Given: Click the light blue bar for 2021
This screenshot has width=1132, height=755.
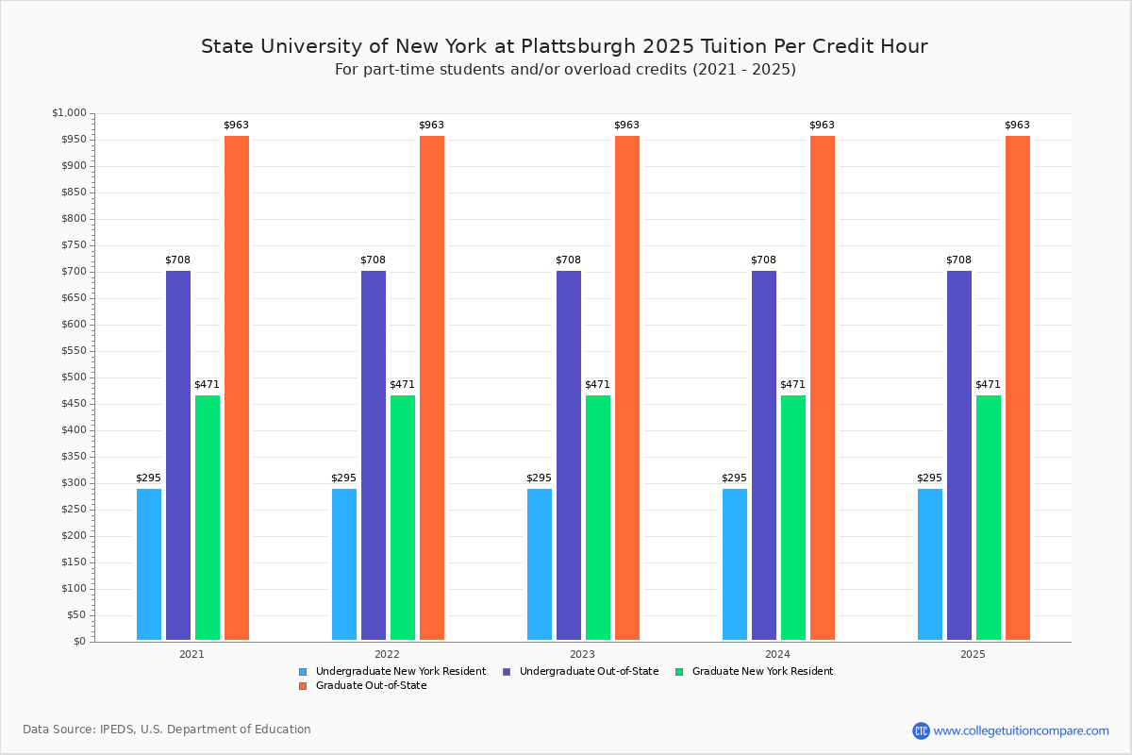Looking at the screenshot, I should pyautogui.click(x=149, y=564).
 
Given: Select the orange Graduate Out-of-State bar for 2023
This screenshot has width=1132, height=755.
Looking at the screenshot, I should pyautogui.click(x=627, y=388).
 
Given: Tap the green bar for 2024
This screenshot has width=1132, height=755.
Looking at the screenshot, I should pyautogui.click(x=793, y=517).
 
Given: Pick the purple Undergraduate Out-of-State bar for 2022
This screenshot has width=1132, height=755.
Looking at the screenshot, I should pyautogui.click(x=374, y=455).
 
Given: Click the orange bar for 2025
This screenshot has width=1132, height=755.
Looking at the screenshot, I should pyautogui.click(x=1018, y=388).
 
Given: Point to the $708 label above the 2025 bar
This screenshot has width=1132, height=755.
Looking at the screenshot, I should pyautogui.click(x=958, y=260).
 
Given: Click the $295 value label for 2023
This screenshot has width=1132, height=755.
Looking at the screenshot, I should pyautogui.click(x=539, y=478).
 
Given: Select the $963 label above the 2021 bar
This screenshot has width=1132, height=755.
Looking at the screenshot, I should pyautogui.click(x=236, y=125).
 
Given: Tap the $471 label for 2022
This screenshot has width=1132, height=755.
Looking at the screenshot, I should pyautogui.click(x=402, y=384).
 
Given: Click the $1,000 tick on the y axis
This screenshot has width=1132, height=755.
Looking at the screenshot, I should pyautogui.click(x=69, y=113).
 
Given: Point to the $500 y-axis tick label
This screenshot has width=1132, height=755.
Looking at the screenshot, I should pyautogui.click(x=72, y=377).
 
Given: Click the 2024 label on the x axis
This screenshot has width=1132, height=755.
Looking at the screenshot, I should pyautogui.click(x=777, y=653).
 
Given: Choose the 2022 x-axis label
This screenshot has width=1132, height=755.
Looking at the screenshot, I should pyautogui.click(x=387, y=653).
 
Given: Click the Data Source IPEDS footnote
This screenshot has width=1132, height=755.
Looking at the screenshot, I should pyautogui.click(x=167, y=730).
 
